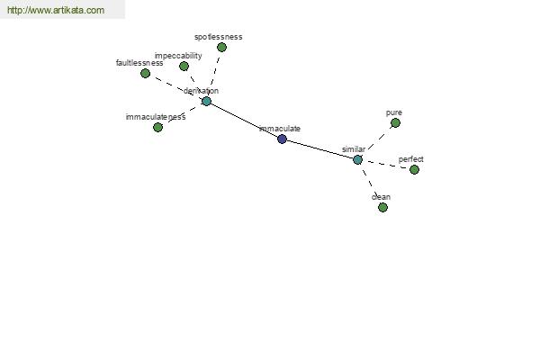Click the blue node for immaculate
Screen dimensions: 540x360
click(282, 139)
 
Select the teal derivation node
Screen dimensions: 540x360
click(206, 102)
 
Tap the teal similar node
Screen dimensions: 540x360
click(358, 160)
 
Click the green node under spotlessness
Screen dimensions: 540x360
click(221, 48)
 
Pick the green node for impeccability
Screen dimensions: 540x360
click(184, 66)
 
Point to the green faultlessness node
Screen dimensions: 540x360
click(145, 74)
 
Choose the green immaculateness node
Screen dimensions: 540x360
click(157, 128)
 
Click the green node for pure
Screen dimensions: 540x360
click(395, 123)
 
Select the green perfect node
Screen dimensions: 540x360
click(414, 169)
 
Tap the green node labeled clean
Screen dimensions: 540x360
click(382, 207)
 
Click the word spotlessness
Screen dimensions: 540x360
click(219, 37)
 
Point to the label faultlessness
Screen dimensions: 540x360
click(139, 63)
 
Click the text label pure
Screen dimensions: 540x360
click(394, 113)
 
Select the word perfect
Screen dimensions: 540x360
click(411, 159)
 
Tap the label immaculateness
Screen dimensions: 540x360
click(156, 117)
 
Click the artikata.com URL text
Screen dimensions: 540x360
click(56, 10)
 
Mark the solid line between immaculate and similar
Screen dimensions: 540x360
click(319, 149)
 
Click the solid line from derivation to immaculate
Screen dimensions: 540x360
click(244, 121)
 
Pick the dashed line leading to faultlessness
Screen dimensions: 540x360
click(175, 87)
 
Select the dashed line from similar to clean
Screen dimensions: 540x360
click(370, 184)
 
